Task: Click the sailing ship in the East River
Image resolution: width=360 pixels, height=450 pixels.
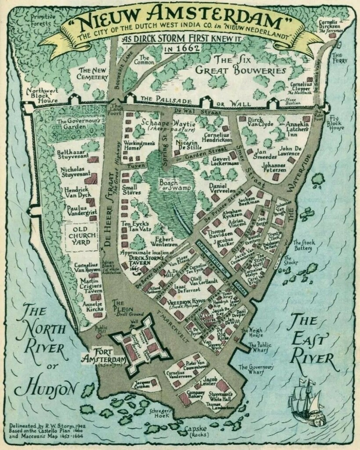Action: coord(307,403)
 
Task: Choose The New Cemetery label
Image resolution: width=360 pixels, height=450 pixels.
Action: coord(93,73)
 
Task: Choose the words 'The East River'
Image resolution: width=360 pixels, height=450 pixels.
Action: coord(310,338)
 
